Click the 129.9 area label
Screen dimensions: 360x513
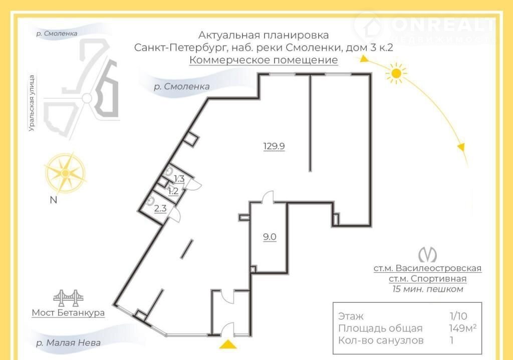[x=274, y=146]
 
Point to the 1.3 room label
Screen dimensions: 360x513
[x=179, y=179]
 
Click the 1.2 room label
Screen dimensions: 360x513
[x=173, y=191]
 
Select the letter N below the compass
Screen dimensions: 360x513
[x=53, y=201]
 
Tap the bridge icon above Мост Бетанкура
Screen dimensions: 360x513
[x=68, y=298]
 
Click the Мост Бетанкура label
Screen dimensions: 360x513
[x=68, y=313]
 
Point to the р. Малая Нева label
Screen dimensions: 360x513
[x=68, y=343]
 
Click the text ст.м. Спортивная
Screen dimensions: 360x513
[x=427, y=279]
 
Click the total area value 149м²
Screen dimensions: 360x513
[x=462, y=328]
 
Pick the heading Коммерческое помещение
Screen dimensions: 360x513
[x=264, y=60]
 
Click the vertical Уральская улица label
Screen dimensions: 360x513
[x=32, y=103]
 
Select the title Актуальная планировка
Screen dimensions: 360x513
[x=264, y=35]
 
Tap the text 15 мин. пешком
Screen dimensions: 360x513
[x=427, y=289]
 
